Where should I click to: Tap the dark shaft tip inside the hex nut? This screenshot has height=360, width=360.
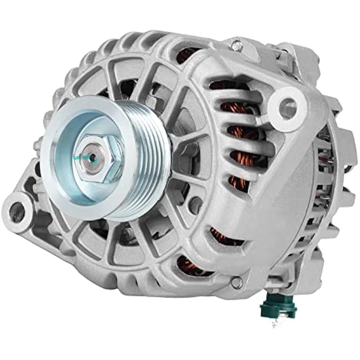(92, 157)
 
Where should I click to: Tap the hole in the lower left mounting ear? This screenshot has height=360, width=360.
(17, 212)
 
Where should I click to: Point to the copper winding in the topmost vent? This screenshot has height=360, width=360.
(188, 53)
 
